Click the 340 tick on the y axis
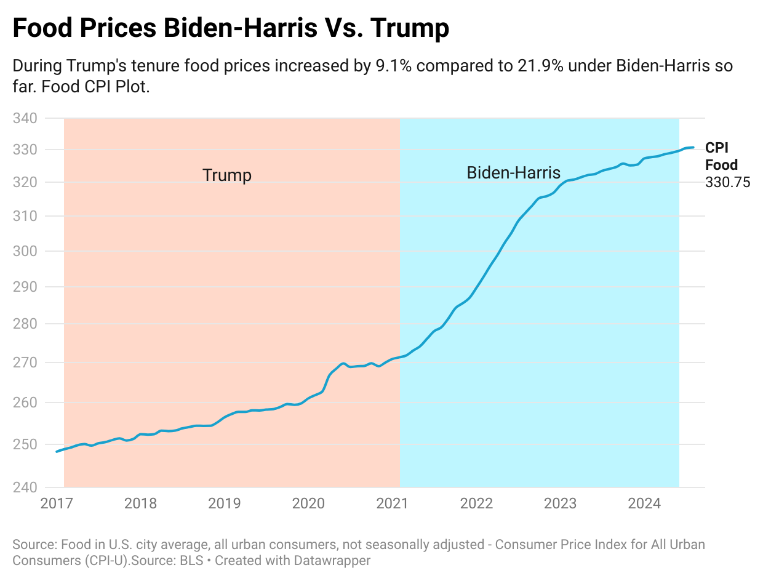25,118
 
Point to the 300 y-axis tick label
25,251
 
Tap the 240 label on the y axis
25,487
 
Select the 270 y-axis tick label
25,363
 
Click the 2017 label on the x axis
56,503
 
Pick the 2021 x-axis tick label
392,503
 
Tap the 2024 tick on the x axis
644,503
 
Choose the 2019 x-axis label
224,503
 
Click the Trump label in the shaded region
227,175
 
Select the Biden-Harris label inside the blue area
513,172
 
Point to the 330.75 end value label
728,183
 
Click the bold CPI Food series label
721,156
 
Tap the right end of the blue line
693,147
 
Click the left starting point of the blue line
57,452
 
